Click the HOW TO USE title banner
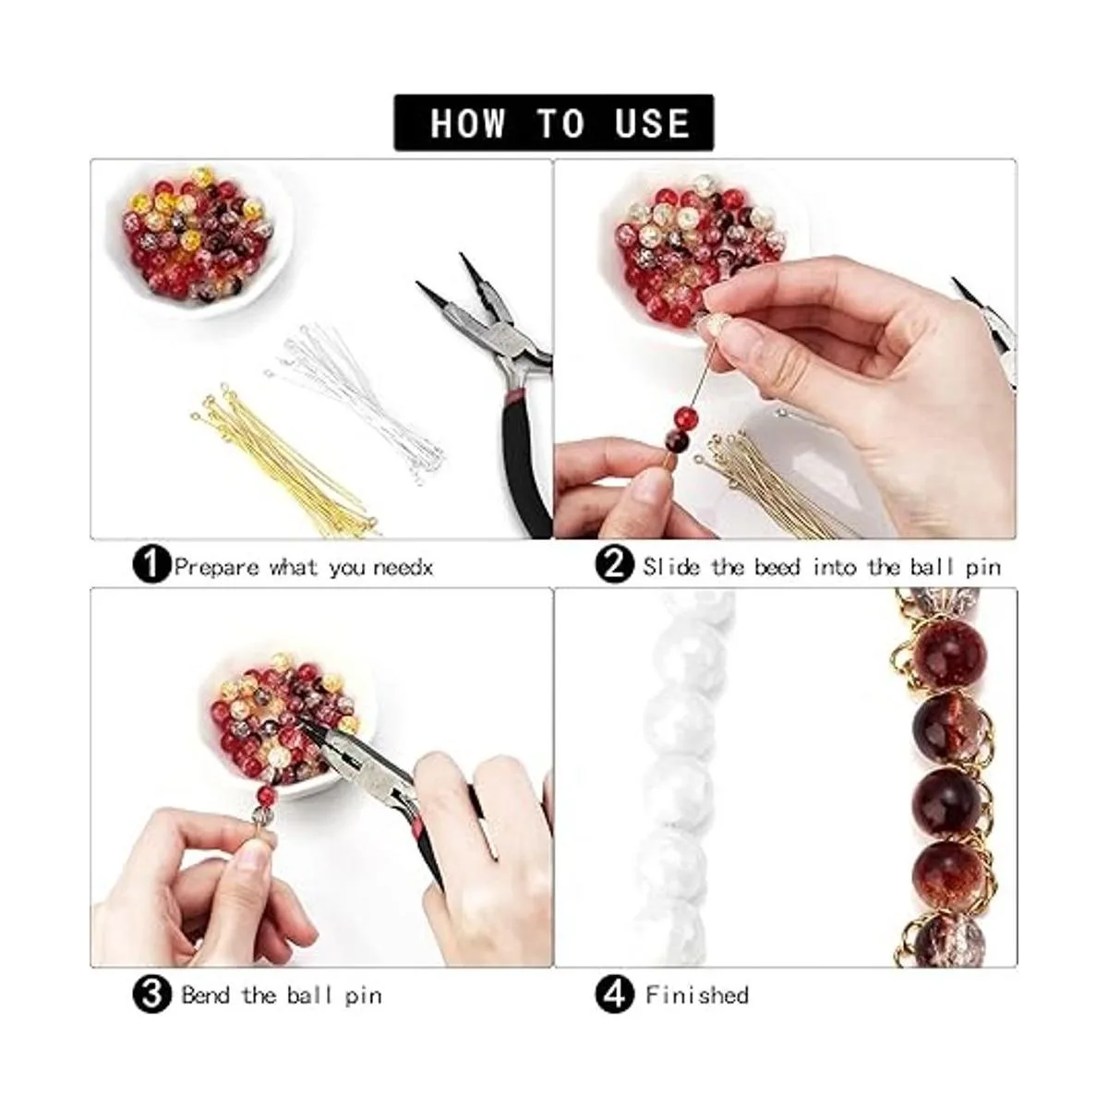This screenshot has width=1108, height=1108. [x=553, y=123]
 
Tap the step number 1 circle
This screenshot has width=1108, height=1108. [x=151, y=566]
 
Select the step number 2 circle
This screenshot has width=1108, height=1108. [x=615, y=565]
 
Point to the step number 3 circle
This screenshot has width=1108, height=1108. [x=151, y=994]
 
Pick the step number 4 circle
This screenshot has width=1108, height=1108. [x=615, y=994]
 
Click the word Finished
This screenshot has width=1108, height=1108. [x=697, y=994]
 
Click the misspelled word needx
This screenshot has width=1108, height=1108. [x=403, y=568]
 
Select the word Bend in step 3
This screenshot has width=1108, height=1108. [x=205, y=994]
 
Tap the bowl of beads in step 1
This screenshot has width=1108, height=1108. [x=199, y=238]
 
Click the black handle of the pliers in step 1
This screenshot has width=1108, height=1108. [x=524, y=465]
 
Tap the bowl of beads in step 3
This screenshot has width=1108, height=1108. [x=287, y=728]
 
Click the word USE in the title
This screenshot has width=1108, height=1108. [x=652, y=123]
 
